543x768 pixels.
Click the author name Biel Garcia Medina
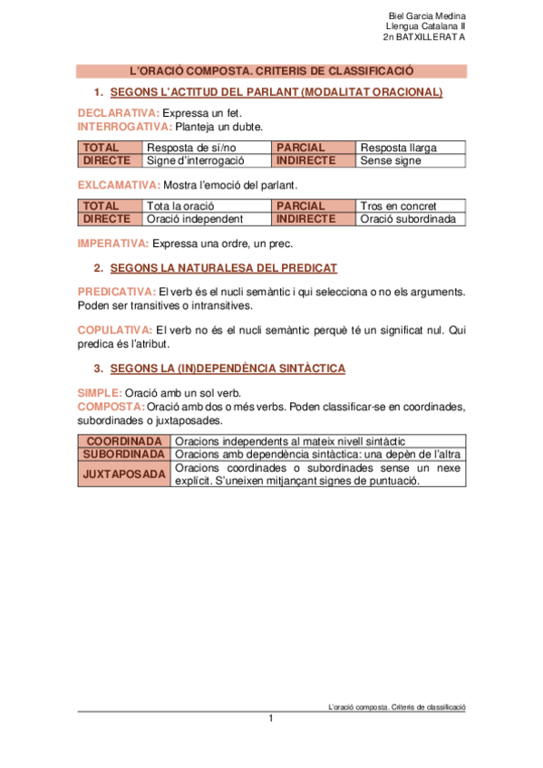click(x=426, y=16)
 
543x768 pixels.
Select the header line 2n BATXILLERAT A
click(x=424, y=38)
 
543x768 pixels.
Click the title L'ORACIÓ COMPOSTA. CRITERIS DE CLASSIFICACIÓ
click(x=272, y=71)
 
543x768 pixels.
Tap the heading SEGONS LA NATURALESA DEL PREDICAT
click(x=223, y=268)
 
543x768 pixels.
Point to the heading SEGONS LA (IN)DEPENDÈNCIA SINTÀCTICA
click(x=227, y=369)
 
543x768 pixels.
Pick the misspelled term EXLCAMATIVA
click(x=119, y=185)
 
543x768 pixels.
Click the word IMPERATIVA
click(x=113, y=244)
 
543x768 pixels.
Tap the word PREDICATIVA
click(x=117, y=292)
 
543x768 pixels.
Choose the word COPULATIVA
click(x=114, y=331)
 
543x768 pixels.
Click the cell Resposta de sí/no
click(x=191, y=148)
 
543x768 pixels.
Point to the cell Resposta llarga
click(x=398, y=148)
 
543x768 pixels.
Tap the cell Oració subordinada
click(x=407, y=219)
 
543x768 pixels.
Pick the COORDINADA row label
click(x=123, y=440)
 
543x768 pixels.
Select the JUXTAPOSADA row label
click(x=123, y=474)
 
